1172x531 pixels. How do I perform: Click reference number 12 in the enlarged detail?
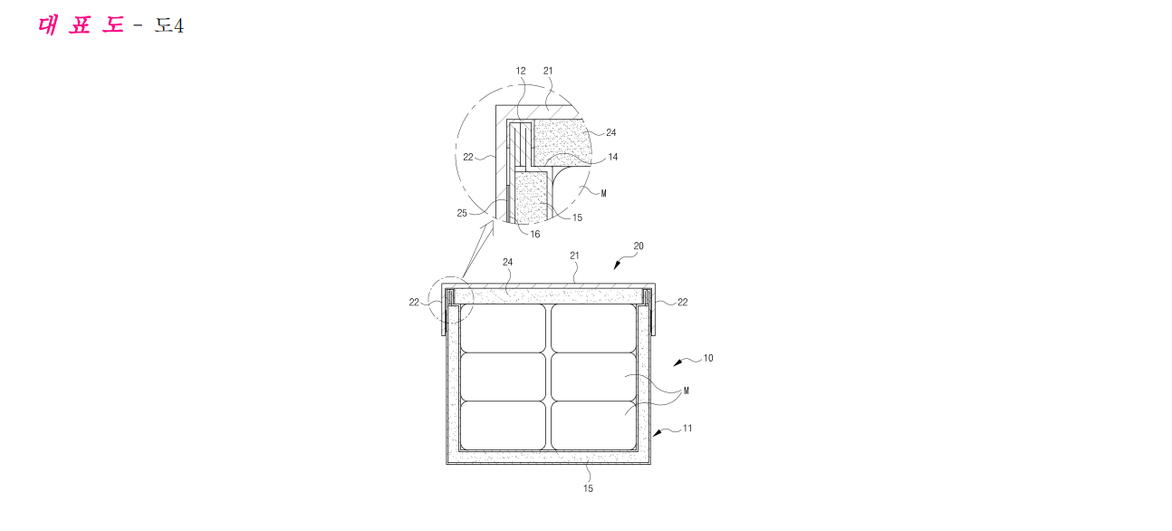tap(521, 71)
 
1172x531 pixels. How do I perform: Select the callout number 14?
tap(612, 157)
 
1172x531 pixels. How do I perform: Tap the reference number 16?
tap(534, 234)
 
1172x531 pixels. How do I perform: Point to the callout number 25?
tap(462, 213)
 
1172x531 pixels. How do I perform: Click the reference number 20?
tap(639, 246)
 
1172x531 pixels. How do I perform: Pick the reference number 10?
tap(708, 358)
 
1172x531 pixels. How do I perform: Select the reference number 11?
tap(687, 429)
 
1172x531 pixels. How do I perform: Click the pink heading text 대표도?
tap(82, 25)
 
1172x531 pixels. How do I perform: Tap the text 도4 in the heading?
tap(169, 25)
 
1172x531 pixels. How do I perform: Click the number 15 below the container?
tap(588, 488)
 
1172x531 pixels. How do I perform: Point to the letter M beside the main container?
tap(687, 391)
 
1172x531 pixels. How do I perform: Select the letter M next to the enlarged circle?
tap(604, 194)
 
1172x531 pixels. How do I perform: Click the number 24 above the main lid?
tap(507, 262)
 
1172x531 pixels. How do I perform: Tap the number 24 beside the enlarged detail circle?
tap(611, 133)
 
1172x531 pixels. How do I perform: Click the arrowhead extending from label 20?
tap(617, 265)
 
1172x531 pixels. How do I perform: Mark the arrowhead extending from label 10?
tap(677, 362)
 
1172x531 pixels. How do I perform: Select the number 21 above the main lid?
tap(574, 256)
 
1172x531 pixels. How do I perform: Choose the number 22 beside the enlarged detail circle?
tap(467, 157)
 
